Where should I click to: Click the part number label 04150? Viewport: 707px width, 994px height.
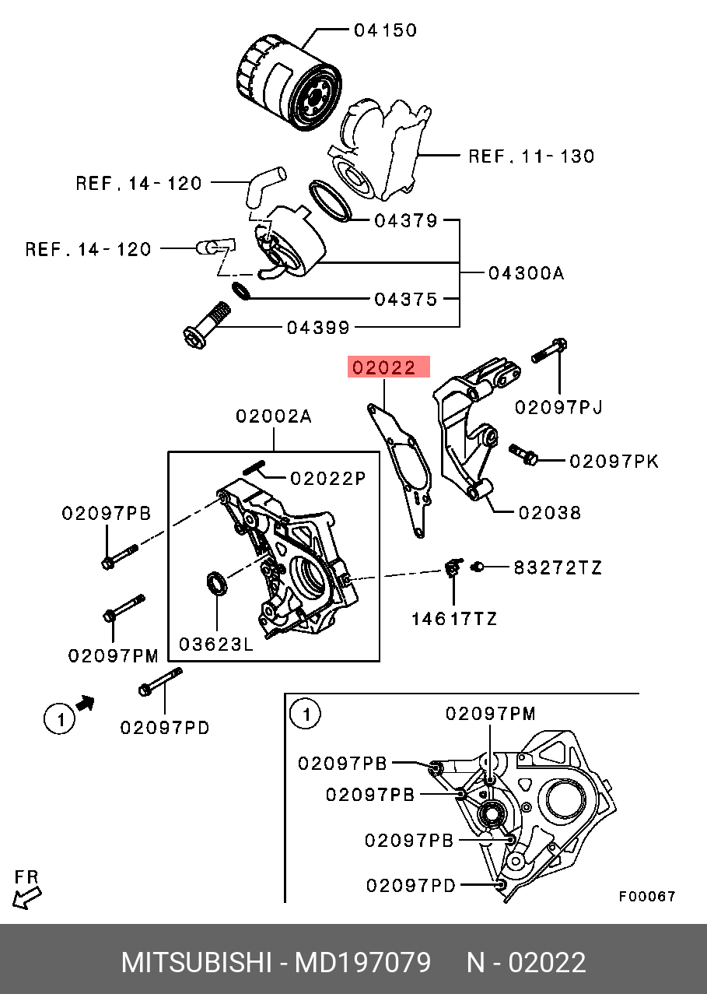(x=385, y=30)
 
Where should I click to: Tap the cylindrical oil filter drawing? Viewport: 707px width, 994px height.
(x=289, y=84)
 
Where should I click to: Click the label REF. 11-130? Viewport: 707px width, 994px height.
(x=531, y=156)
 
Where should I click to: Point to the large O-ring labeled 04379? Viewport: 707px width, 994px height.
(x=330, y=201)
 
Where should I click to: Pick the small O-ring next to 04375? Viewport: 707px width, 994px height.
(x=241, y=290)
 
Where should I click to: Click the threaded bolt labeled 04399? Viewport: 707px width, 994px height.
(x=207, y=325)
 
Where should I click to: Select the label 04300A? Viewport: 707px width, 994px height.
(x=526, y=273)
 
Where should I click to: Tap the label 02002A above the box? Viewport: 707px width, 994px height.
(x=274, y=416)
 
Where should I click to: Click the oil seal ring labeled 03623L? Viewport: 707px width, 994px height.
(x=217, y=584)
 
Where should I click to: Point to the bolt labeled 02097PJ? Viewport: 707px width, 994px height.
(x=549, y=350)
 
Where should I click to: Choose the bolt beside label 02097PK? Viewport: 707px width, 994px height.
(x=523, y=455)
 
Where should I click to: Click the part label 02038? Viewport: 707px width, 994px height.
(x=550, y=513)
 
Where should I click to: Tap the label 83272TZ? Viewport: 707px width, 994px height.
(x=558, y=567)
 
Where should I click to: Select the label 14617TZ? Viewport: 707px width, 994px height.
(x=454, y=619)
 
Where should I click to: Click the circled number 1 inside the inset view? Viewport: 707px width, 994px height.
(x=306, y=714)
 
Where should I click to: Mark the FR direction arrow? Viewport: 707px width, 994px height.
(x=26, y=898)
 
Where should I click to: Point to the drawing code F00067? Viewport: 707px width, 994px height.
(x=647, y=897)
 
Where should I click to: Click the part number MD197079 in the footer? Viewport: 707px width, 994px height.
(x=362, y=963)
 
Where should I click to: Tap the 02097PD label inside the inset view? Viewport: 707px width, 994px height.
(x=411, y=886)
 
